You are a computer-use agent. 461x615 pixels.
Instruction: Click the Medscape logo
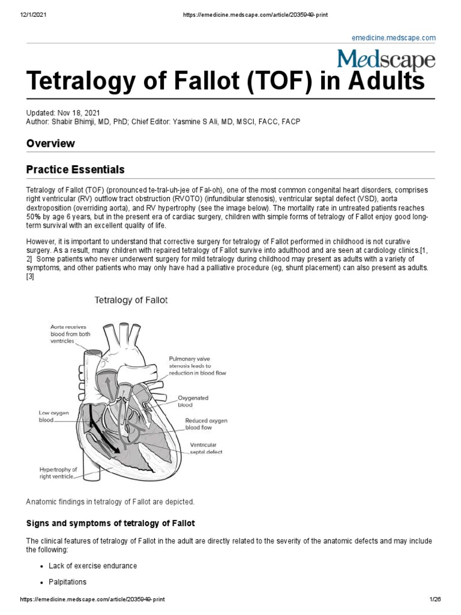(385, 59)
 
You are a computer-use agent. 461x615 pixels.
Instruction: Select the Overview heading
(50, 143)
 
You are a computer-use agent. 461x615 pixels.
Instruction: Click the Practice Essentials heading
(75, 170)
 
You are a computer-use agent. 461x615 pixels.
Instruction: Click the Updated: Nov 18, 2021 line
(63, 113)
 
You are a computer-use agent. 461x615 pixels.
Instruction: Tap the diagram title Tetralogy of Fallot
(130, 298)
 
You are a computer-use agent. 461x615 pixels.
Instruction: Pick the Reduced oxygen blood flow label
(206, 425)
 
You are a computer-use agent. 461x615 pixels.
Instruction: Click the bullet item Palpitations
(67, 582)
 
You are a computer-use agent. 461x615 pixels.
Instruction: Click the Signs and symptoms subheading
(110, 523)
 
